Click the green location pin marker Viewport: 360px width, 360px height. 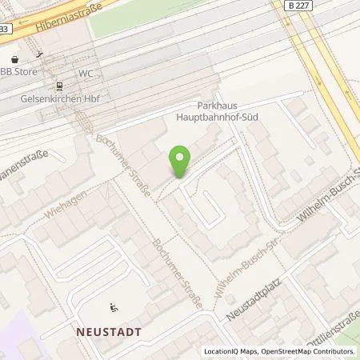181,162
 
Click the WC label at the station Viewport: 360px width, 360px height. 86,73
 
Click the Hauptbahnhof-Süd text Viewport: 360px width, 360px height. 231,117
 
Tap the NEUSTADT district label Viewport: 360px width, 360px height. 110,330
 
